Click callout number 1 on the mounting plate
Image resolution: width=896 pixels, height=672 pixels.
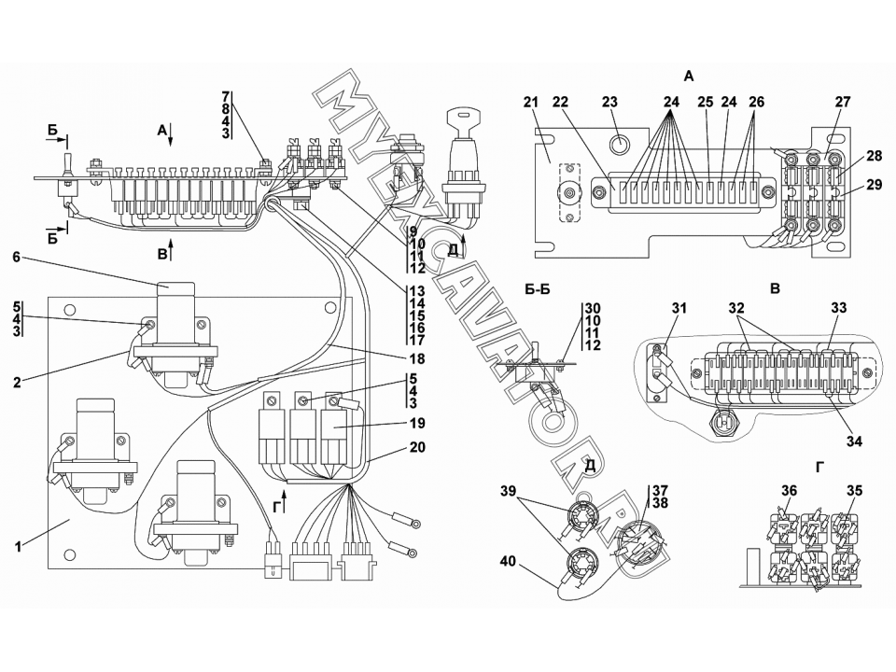pyautogui.click(x=19, y=546)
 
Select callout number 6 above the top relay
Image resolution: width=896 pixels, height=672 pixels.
pyautogui.click(x=16, y=258)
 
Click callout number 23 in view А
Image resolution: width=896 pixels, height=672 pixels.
pyautogui.click(x=609, y=102)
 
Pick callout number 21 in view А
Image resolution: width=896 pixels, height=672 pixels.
pyautogui.click(x=531, y=102)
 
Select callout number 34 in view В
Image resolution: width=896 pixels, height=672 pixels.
pyautogui.click(x=854, y=441)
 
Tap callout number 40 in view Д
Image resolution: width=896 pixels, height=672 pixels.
pyautogui.click(x=508, y=562)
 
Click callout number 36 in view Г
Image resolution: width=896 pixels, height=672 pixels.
pyautogui.click(x=790, y=491)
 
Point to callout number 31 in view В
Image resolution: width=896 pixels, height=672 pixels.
pyautogui.click(x=679, y=309)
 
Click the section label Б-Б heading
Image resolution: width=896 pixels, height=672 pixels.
pyautogui.click(x=538, y=289)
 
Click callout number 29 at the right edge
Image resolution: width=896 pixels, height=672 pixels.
pyautogui.click(x=874, y=185)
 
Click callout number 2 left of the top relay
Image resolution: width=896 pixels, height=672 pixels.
pyautogui.click(x=17, y=383)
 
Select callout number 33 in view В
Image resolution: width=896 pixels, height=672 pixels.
pyautogui.click(x=838, y=309)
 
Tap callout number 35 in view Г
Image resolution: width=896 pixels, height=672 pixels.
pyautogui.click(x=855, y=491)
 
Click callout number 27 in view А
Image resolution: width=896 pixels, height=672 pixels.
pyautogui.click(x=843, y=102)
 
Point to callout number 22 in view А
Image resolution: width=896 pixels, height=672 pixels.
pyautogui.click(x=561, y=102)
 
